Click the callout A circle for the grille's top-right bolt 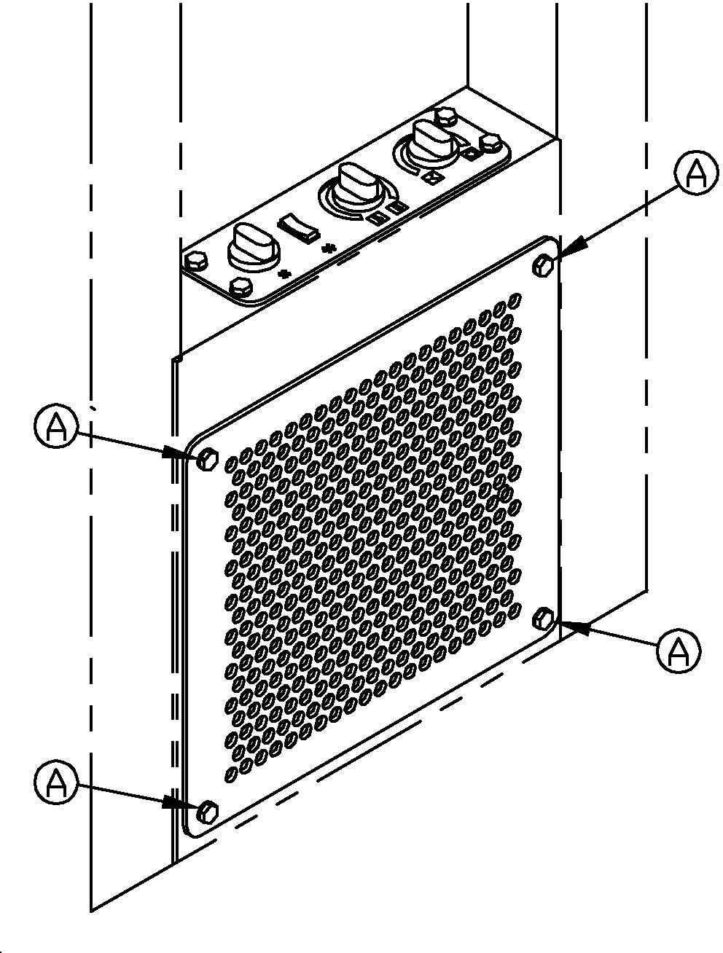(x=695, y=173)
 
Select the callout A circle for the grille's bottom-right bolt (x=679, y=651)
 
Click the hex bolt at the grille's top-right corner (x=543, y=265)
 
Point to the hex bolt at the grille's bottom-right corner (x=543, y=619)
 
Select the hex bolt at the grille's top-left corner (x=207, y=458)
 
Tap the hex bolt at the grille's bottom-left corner (x=207, y=812)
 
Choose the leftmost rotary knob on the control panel (x=254, y=247)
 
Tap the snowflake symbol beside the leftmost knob (x=284, y=274)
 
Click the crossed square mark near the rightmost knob (x=431, y=177)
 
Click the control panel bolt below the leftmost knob (x=241, y=286)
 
